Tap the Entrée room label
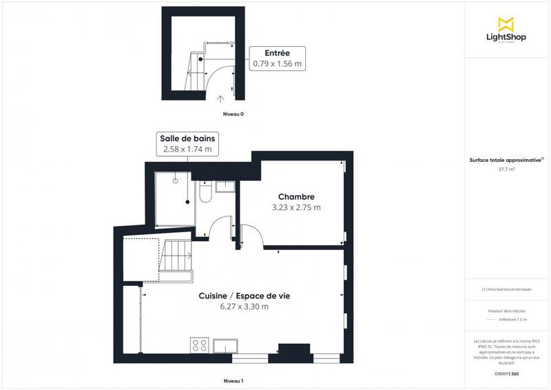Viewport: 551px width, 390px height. click(277, 52)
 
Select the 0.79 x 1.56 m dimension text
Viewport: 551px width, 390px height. click(278, 63)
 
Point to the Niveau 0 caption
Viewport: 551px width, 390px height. click(233, 114)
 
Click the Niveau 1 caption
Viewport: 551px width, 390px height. click(233, 381)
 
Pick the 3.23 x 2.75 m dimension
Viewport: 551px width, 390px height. click(296, 207)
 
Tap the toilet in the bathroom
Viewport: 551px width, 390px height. click(205, 195)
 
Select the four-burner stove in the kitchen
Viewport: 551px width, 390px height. click(200, 345)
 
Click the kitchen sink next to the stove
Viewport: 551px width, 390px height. click(226, 346)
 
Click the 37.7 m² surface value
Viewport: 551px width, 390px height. click(507, 167)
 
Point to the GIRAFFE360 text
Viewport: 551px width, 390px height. click(506, 372)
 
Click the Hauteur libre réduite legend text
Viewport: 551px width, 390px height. click(506, 312)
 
